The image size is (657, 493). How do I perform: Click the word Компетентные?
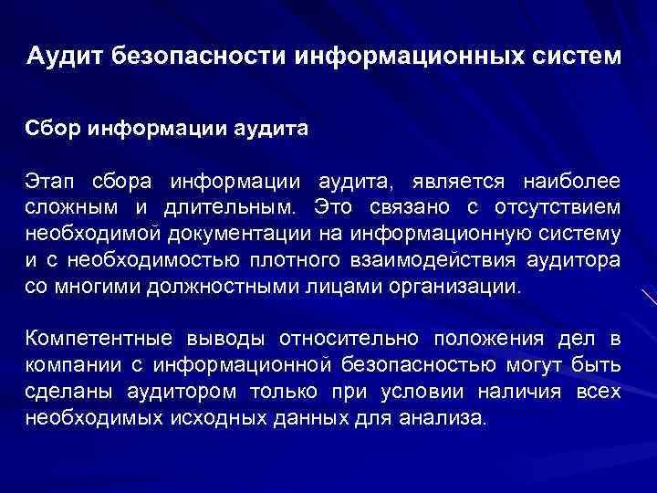click(x=102, y=339)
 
